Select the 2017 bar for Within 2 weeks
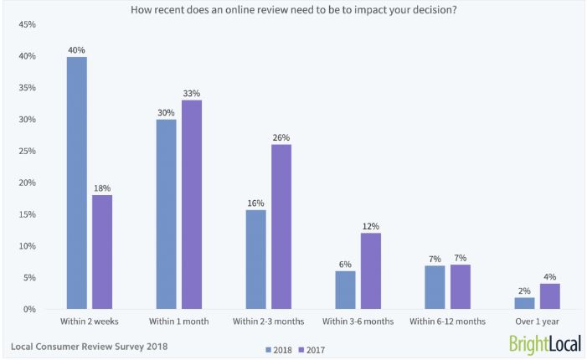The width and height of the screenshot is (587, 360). [x=102, y=252]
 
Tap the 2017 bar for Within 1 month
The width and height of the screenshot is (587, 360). [x=192, y=204]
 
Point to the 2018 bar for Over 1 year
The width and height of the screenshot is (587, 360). [x=525, y=303]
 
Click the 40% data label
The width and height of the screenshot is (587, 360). [x=77, y=49]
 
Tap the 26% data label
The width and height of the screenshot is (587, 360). [x=281, y=137]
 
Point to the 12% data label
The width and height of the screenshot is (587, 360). [x=371, y=226]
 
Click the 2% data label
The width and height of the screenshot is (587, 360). [x=525, y=290]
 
